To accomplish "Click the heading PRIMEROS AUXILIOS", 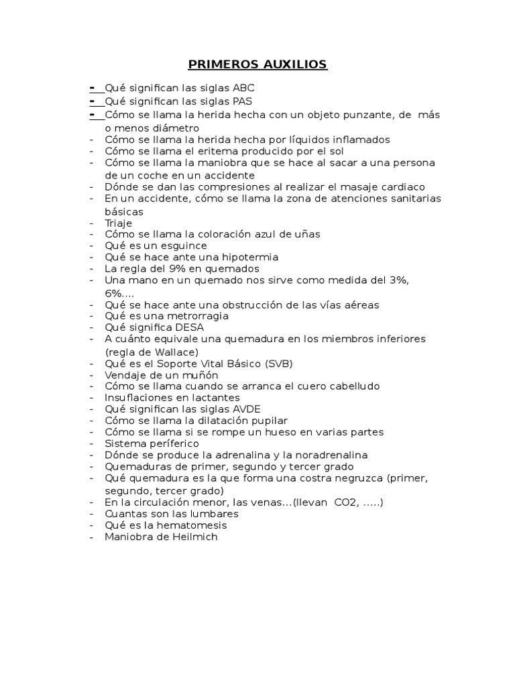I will (x=257, y=64).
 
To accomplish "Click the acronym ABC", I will (x=243, y=88).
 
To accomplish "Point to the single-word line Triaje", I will (x=118, y=223).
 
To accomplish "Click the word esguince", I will (x=183, y=246).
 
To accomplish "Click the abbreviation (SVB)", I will (x=278, y=364).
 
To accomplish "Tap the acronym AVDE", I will (x=246, y=409).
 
